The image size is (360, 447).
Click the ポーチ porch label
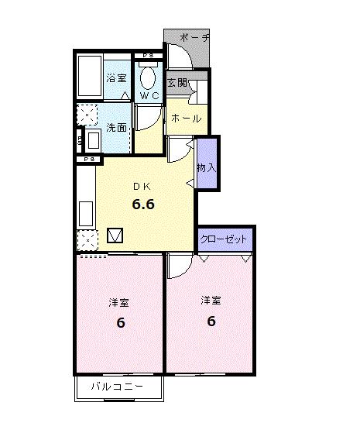tap(194, 38)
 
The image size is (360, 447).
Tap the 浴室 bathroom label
tap(116, 78)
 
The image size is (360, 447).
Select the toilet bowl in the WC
tap(148, 77)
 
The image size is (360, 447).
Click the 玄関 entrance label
tap(177, 83)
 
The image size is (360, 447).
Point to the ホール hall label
tap(187, 119)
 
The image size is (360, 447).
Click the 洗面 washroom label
tap(116, 128)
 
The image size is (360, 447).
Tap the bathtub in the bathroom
tap(90, 76)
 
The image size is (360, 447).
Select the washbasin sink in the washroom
tap(93, 139)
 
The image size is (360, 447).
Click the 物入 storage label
tap(207, 167)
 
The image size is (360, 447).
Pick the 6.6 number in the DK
tap(143, 204)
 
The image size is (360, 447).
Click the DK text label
tap(142, 187)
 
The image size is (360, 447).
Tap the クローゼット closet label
tap(223, 239)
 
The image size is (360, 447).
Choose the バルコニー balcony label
tap(117, 387)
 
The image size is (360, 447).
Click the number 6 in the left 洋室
tap(121, 323)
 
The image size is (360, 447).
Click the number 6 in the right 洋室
tap(211, 321)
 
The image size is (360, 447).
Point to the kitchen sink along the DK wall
tap(86, 214)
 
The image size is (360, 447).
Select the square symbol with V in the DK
tap(115, 236)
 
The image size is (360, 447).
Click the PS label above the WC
tap(149, 56)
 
